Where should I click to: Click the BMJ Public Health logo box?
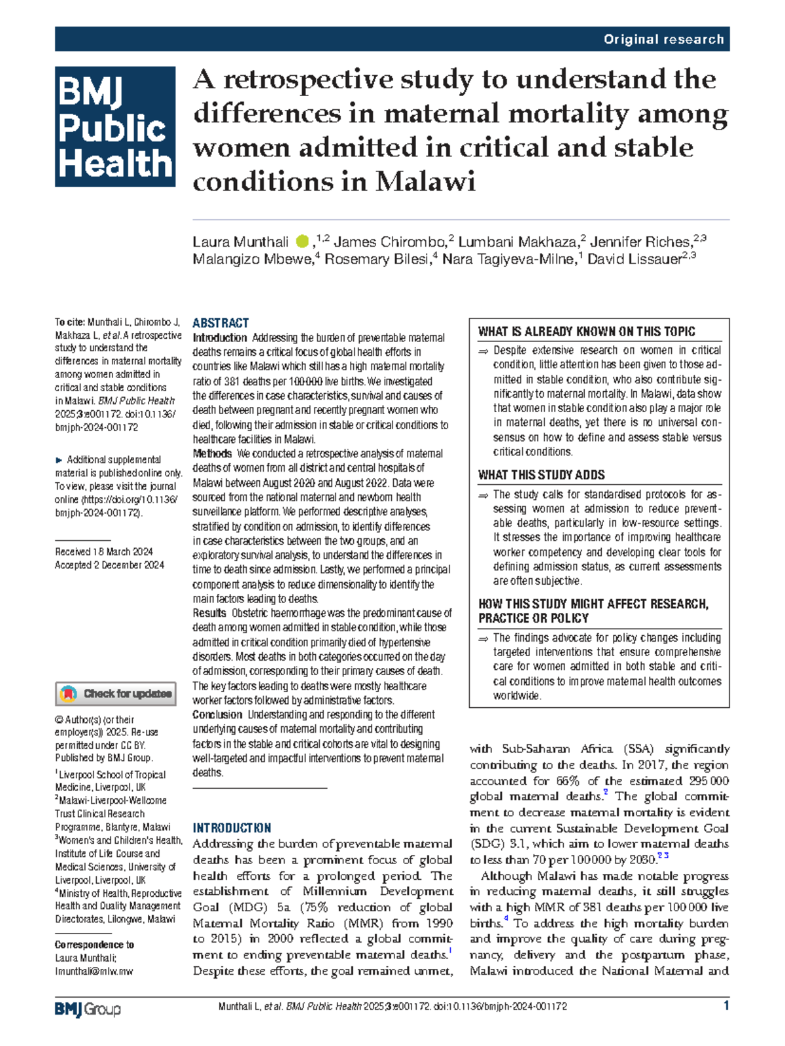click(115, 126)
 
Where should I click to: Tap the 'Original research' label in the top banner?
click(663, 39)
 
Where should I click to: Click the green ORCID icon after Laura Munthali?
click(302, 242)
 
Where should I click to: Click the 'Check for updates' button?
click(116, 693)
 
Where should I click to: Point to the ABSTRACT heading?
click(220, 323)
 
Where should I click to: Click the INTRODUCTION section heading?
click(232, 828)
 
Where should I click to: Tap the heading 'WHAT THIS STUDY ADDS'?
click(541, 475)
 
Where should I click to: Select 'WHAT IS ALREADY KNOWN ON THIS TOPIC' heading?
click(586, 332)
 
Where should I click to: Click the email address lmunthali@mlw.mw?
click(94, 971)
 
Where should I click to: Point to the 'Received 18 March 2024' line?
click(104, 551)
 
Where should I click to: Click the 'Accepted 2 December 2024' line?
click(109, 565)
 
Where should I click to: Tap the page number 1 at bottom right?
click(726, 1006)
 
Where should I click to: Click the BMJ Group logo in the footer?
click(88, 1009)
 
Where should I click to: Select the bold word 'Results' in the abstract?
click(209, 614)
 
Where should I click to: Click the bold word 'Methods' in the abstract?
click(212, 454)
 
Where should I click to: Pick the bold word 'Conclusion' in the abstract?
click(217, 715)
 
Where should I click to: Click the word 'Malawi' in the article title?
click(425, 181)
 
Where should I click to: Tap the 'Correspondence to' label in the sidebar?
click(94, 945)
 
